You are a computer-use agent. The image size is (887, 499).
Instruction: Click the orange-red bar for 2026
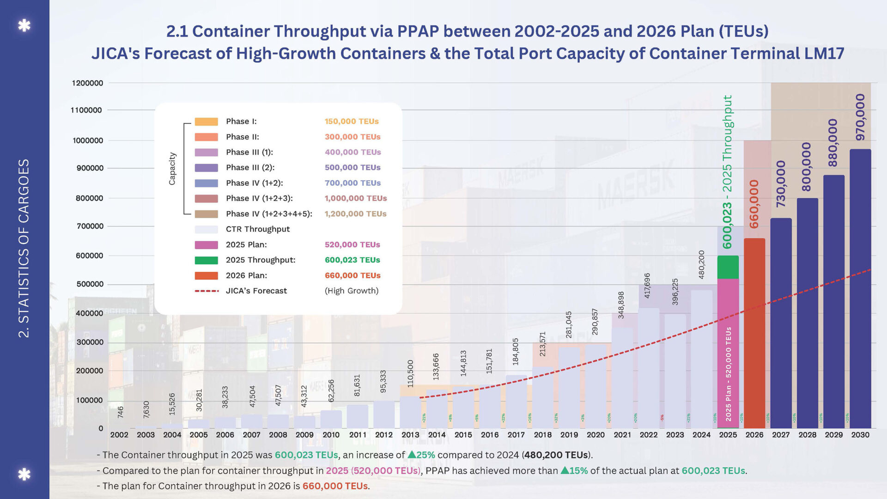coord(754,333)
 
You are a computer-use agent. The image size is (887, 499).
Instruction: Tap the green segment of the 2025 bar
coord(728,267)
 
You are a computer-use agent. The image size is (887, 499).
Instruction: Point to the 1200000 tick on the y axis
coord(87,83)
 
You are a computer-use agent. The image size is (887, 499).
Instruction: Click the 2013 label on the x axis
coord(410,435)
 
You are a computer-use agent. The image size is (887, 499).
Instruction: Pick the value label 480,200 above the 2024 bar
coord(701,264)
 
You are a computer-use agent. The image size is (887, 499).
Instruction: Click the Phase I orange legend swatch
coord(206,122)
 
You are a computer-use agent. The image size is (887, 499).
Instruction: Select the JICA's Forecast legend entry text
coord(256,291)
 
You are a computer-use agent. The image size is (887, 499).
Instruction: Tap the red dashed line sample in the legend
coord(207,291)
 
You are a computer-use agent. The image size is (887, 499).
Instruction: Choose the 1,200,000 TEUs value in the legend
coord(355,214)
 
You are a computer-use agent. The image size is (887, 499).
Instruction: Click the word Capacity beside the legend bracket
coord(172,169)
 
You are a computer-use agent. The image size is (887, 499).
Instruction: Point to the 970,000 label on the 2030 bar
coord(860,117)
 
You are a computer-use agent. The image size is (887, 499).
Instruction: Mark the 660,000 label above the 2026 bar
coord(754,204)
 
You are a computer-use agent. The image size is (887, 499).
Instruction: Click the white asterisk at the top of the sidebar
coord(24,25)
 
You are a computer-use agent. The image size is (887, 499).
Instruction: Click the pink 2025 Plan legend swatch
coord(206,245)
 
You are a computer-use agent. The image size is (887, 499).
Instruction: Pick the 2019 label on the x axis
coord(569,435)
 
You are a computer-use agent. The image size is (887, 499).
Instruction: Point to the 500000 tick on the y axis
coord(90,284)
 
